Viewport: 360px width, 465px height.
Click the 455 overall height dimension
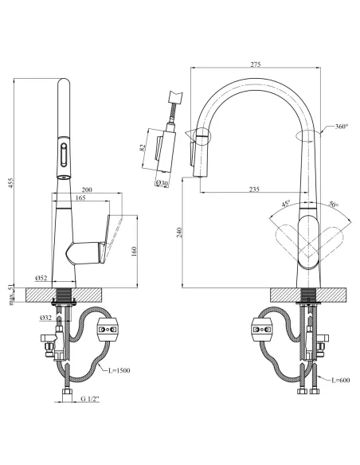click(x=10, y=183)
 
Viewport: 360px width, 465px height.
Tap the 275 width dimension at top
click(x=256, y=64)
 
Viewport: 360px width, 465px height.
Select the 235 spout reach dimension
click(x=254, y=189)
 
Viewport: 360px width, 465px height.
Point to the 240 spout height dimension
click(x=179, y=232)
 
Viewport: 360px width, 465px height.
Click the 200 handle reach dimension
click(x=87, y=190)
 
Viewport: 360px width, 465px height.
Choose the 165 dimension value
click(x=80, y=197)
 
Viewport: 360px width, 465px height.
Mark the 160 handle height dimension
click(x=134, y=251)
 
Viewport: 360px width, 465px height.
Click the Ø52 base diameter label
click(x=41, y=278)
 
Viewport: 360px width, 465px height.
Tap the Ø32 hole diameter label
click(x=45, y=318)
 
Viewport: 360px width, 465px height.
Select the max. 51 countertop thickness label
click(x=11, y=295)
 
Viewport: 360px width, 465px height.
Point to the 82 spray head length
click(x=143, y=147)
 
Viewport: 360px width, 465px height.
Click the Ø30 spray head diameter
click(x=162, y=183)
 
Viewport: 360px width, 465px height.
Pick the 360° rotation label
click(x=342, y=127)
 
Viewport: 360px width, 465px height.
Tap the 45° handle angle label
click(x=286, y=204)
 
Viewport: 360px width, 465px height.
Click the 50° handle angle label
click(x=334, y=204)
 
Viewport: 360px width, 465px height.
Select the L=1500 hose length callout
click(x=119, y=370)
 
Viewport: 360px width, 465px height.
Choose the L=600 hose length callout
click(x=340, y=380)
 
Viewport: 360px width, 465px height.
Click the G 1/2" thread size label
click(x=90, y=399)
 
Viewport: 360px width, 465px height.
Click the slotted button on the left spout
click(x=64, y=155)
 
